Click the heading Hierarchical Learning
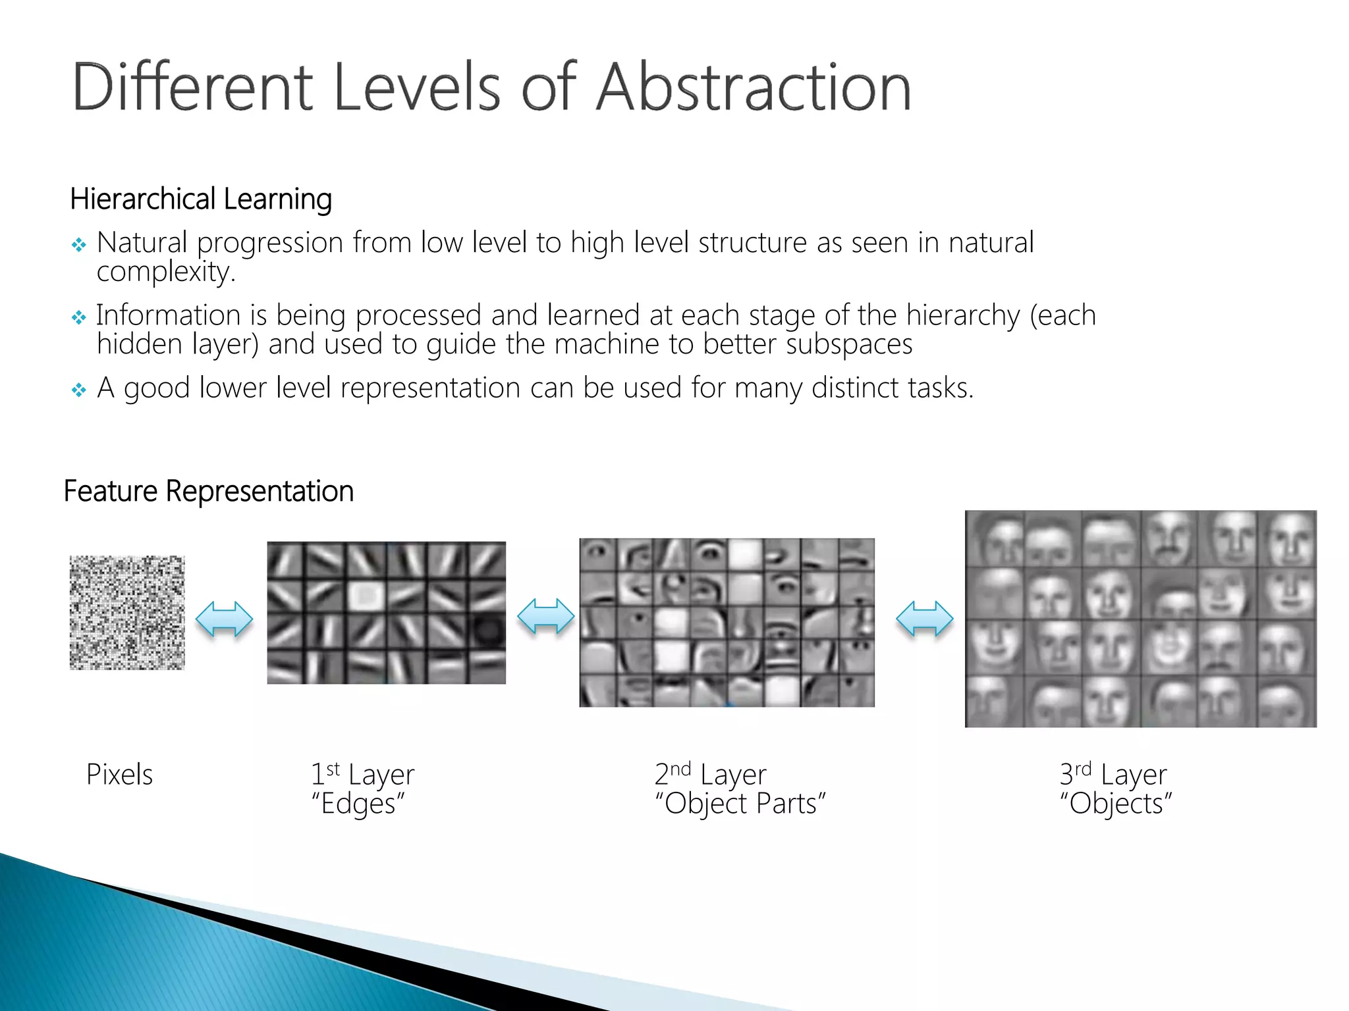click(200, 199)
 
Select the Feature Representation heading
click(208, 491)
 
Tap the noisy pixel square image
click(127, 613)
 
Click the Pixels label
click(119, 775)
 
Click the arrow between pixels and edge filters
click(225, 619)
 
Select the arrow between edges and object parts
click(545, 617)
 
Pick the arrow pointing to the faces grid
click(924, 619)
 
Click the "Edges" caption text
click(358, 804)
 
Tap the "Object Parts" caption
click(740, 804)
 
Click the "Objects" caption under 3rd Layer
click(1116, 804)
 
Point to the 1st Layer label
click(362, 775)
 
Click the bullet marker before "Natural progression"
click(79, 246)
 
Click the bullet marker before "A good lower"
click(79, 390)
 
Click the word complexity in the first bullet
click(165, 272)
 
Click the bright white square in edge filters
click(366, 596)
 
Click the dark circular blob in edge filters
click(487, 631)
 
